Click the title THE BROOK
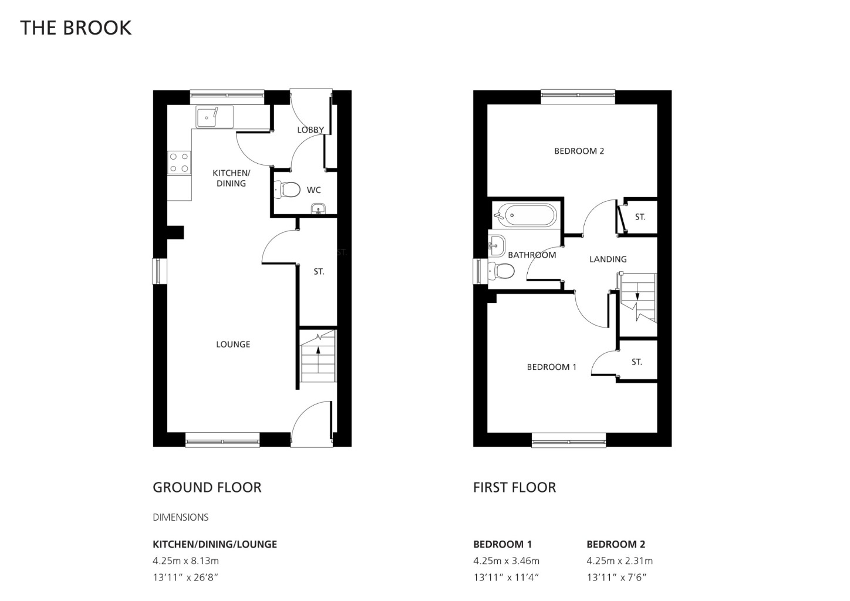click(x=76, y=28)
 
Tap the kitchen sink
click(x=214, y=117)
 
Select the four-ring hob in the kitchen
click(x=179, y=163)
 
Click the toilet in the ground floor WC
click(x=286, y=190)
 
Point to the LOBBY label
click(x=311, y=130)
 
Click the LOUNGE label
click(x=233, y=344)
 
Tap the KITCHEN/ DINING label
click(x=231, y=178)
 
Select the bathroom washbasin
click(x=497, y=245)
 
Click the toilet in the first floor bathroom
click(x=501, y=271)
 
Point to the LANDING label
click(x=608, y=259)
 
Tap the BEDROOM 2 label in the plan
click(x=579, y=151)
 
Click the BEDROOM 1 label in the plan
click(x=552, y=367)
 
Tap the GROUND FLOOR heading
click(x=207, y=488)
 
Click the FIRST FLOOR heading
click(x=515, y=488)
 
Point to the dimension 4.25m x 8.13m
click(x=186, y=561)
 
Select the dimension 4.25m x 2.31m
click(x=620, y=561)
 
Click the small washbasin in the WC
click(x=318, y=209)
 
